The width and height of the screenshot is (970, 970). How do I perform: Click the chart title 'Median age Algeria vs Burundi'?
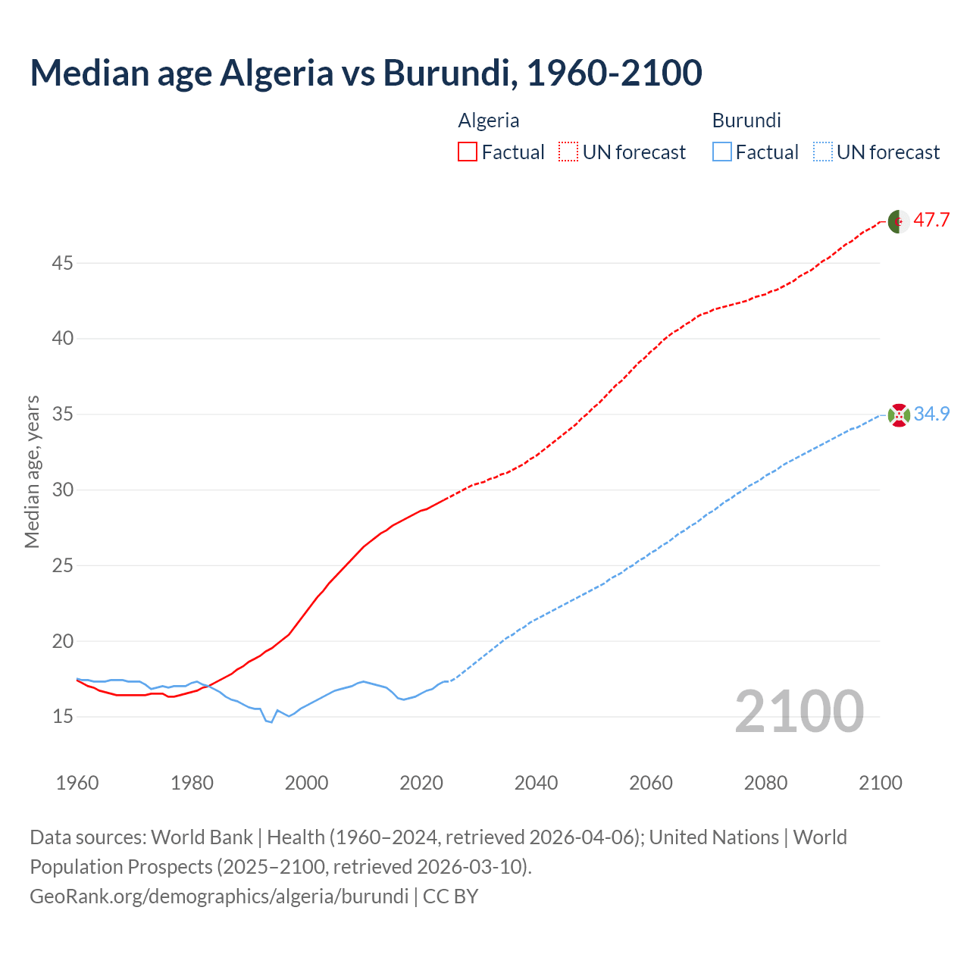pyautogui.click(x=366, y=73)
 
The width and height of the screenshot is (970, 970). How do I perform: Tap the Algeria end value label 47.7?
pyautogui.click(x=931, y=221)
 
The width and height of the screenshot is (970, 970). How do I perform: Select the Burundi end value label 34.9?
pyautogui.click(x=931, y=414)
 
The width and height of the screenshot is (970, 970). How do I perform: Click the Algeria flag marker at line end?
pyautogui.click(x=899, y=221)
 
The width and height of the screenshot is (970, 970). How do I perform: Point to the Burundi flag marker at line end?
pyautogui.click(x=899, y=415)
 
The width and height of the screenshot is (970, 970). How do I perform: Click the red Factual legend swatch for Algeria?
pyautogui.click(x=468, y=152)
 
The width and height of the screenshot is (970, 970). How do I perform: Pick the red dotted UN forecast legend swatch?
pyautogui.click(x=568, y=152)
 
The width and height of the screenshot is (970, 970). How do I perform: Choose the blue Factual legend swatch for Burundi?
pyautogui.click(x=722, y=152)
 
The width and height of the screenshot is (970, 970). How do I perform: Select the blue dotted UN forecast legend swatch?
pyautogui.click(x=823, y=152)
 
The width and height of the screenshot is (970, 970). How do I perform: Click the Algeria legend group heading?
pyautogui.click(x=489, y=120)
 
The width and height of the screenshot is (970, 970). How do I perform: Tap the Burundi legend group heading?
pyautogui.click(x=746, y=120)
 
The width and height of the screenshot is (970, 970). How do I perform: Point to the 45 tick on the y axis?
pyautogui.click(x=63, y=263)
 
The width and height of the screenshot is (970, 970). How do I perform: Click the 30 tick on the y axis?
pyautogui.click(x=63, y=490)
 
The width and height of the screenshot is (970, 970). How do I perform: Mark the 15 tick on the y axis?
pyautogui.click(x=63, y=716)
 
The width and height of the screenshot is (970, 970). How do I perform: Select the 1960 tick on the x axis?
pyautogui.click(x=77, y=783)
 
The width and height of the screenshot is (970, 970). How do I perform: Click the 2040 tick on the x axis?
pyautogui.click(x=536, y=783)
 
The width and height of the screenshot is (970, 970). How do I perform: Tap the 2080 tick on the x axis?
pyautogui.click(x=765, y=783)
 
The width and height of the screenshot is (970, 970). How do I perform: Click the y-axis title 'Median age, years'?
pyautogui.click(x=32, y=471)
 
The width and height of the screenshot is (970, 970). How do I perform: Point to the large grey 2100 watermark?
pyautogui.click(x=799, y=712)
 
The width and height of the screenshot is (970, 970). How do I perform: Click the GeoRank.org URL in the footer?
pyautogui.click(x=219, y=896)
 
